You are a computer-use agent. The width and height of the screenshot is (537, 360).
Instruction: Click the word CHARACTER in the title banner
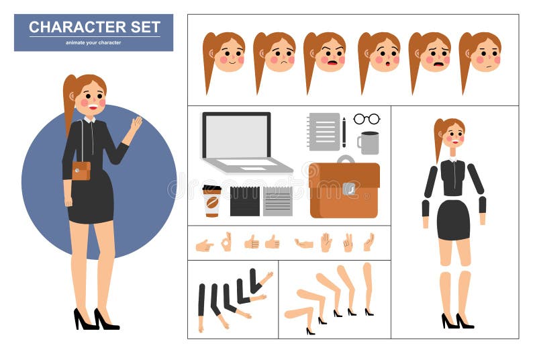coord(70,28)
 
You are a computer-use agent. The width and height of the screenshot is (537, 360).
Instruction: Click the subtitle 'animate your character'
coord(93,42)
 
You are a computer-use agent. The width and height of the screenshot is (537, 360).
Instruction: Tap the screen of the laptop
coord(236,136)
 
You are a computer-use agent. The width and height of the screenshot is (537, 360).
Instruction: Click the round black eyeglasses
coord(367,119)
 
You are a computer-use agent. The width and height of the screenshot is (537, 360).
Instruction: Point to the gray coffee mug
coord(369,142)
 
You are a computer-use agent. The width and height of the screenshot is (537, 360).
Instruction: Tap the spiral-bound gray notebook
coord(325,131)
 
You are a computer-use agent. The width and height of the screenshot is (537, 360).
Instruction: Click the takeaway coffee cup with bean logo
coord(212,201)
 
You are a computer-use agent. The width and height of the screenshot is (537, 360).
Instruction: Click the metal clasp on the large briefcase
coord(349,189)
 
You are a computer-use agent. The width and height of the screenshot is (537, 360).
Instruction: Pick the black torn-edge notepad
coord(244,201)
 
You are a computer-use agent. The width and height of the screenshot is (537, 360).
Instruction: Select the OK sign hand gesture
coord(226,242)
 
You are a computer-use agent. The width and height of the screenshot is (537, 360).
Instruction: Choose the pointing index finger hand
coord(204,245)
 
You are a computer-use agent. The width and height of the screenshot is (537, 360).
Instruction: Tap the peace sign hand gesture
coord(348,242)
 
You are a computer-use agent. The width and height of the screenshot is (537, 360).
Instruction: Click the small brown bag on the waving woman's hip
coord(81,171)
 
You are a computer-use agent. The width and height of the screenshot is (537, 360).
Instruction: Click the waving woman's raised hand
coord(136,125)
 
